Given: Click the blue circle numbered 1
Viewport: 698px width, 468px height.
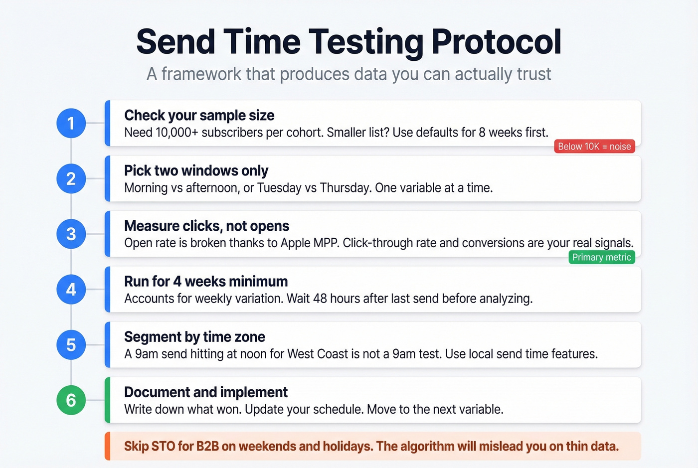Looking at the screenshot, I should pos(71,123).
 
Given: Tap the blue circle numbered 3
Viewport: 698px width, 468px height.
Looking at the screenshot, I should pos(71,234).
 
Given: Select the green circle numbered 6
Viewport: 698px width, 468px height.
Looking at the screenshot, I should pos(71,400).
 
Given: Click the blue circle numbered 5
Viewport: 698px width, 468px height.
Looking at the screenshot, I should pos(71,344).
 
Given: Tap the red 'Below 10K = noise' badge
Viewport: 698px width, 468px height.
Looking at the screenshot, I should pos(594,147).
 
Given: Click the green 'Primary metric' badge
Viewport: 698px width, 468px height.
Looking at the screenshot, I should pos(602,257).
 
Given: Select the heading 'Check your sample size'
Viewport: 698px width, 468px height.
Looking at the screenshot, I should pos(199,116).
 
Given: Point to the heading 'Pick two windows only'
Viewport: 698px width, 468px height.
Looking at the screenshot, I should pos(196,171).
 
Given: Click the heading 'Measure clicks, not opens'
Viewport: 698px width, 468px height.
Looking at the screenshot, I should pos(206,226).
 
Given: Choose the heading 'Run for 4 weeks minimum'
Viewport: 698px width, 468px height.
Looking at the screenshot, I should pos(206,282).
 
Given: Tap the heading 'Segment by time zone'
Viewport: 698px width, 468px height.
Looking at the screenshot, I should pos(194,337).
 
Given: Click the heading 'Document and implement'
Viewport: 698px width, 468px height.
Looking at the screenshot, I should pos(206,392).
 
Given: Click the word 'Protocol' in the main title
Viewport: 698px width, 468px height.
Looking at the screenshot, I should pos(497,41).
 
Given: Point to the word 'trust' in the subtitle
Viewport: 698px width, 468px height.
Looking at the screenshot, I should pos(534,74).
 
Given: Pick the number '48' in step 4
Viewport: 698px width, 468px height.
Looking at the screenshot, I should pos(320,299).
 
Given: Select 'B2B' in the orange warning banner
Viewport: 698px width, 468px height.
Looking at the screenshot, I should pos(207,446).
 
